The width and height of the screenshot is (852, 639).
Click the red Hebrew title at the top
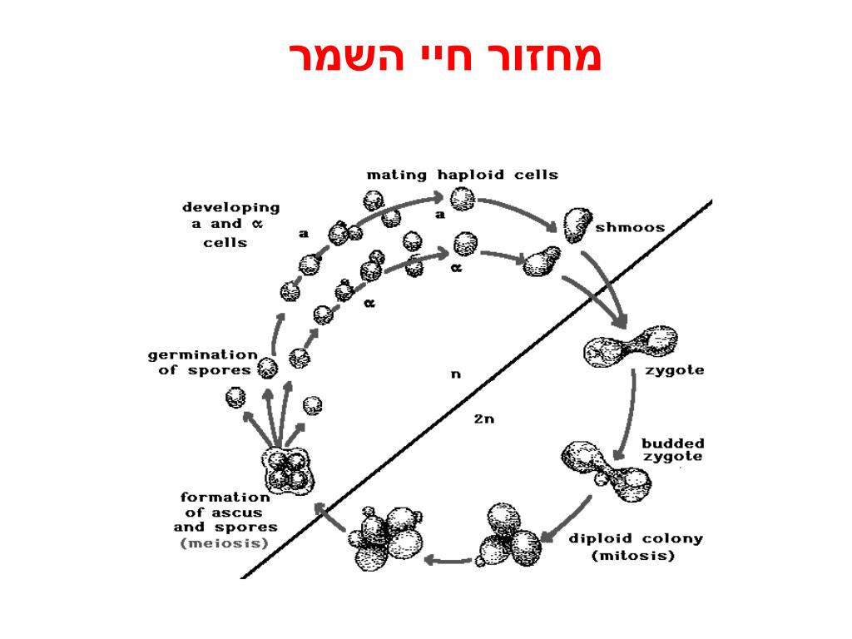(x=445, y=57)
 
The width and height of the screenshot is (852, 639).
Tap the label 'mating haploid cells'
(x=463, y=175)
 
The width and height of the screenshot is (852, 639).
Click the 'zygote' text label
(x=675, y=370)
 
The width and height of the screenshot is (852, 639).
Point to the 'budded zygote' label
(x=672, y=449)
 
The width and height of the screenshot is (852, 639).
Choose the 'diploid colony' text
(x=635, y=538)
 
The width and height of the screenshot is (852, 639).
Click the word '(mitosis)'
(x=632, y=556)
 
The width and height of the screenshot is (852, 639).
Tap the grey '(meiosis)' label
(x=225, y=543)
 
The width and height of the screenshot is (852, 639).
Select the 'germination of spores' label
(x=203, y=362)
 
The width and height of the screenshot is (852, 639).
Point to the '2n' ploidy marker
(x=483, y=419)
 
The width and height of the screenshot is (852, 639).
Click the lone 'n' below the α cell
(x=455, y=374)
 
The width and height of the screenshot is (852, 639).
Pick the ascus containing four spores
(x=290, y=470)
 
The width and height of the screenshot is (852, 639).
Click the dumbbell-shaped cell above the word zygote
(x=632, y=347)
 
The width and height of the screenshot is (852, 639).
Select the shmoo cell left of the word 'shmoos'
(x=576, y=224)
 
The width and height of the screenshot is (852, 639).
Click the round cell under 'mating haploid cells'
(x=463, y=200)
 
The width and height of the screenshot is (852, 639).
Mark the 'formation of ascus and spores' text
(x=225, y=512)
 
